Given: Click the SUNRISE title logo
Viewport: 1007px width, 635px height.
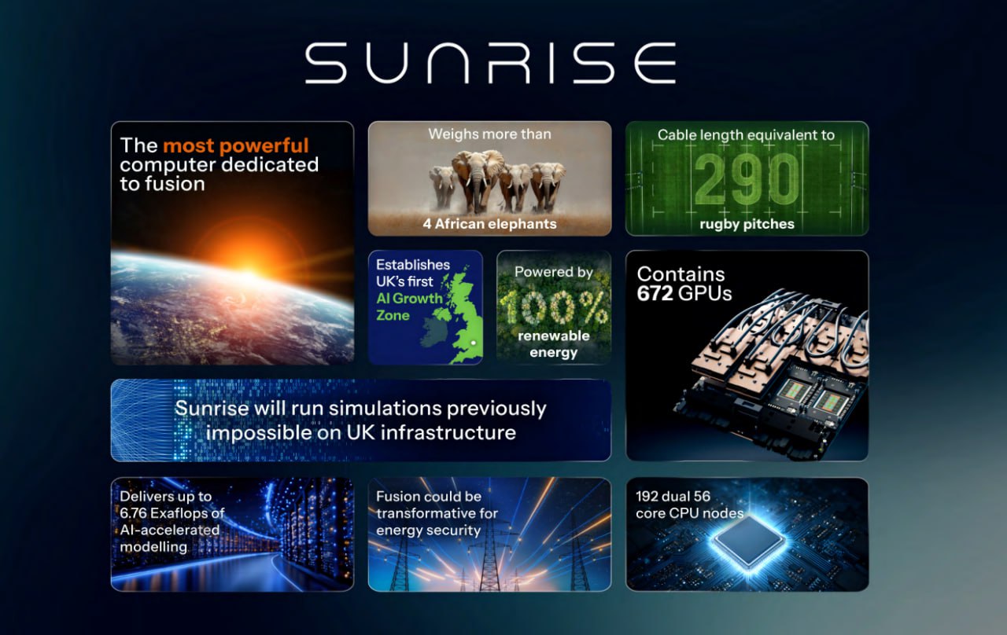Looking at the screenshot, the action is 490,63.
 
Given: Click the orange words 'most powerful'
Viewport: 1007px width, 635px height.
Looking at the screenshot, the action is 235,146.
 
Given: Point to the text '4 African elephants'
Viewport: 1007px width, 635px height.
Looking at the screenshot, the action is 489,224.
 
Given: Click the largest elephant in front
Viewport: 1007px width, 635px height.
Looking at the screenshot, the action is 478,181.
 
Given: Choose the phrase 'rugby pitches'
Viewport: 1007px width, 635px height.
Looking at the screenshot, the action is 747,224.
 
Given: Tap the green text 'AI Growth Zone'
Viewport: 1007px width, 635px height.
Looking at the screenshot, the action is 410,306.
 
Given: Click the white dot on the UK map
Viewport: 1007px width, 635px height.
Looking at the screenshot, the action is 473,343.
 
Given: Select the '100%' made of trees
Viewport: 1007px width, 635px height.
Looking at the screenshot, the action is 553,307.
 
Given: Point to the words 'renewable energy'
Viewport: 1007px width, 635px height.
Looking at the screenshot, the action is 553,344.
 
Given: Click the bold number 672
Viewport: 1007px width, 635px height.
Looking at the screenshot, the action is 655,294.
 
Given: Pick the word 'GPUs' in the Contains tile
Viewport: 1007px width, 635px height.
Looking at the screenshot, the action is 705,294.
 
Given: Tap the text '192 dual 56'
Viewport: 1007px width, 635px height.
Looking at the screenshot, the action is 673,496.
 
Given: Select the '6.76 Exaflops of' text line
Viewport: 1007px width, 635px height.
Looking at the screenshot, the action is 172,513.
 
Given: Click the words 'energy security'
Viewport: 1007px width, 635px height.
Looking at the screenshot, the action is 429,530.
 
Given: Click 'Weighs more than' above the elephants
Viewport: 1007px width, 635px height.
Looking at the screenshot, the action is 489,134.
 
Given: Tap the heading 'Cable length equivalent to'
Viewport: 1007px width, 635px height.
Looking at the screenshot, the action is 747,135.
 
